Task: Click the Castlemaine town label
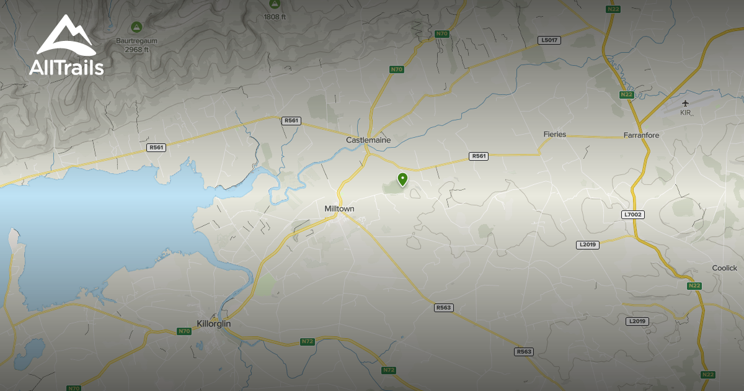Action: click(x=368, y=140)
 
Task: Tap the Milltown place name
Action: click(x=339, y=209)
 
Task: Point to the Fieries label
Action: click(x=554, y=134)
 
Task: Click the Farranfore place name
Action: click(x=641, y=135)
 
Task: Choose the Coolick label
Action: click(x=724, y=268)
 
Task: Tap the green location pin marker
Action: click(x=403, y=179)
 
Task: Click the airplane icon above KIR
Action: click(x=685, y=103)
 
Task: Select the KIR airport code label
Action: click(x=685, y=112)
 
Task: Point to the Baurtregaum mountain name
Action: click(x=136, y=41)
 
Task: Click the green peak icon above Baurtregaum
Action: click(x=136, y=27)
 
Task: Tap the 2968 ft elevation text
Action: click(x=136, y=50)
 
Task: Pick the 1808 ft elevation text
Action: click(x=275, y=17)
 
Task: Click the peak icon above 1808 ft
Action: click(x=275, y=4)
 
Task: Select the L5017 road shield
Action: click(x=549, y=40)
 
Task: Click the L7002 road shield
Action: click(x=632, y=215)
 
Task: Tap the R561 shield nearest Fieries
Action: click(x=479, y=156)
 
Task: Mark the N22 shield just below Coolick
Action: click(x=694, y=285)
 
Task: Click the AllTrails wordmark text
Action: click(x=66, y=67)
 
